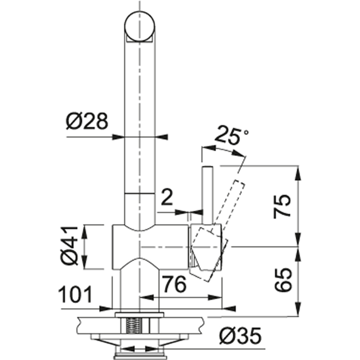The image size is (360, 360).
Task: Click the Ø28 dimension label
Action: tap(87, 121)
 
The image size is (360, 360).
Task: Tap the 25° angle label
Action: tap(231, 135)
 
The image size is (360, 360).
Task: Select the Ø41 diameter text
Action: tap(70, 246)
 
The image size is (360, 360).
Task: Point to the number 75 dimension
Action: tap(282, 206)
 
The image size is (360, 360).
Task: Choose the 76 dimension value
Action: tap(174, 284)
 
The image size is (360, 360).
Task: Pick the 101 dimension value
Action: tap(75, 294)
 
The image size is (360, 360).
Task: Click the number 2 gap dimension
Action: tap(167, 197)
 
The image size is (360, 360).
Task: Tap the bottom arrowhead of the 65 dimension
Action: tap(298, 310)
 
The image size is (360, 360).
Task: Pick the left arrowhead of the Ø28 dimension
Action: tap(118, 137)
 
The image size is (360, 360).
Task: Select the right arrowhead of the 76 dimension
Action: tap(215, 298)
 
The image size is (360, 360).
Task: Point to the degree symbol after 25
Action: tap(246, 133)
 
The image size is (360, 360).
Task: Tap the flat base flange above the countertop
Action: tap(139, 315)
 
